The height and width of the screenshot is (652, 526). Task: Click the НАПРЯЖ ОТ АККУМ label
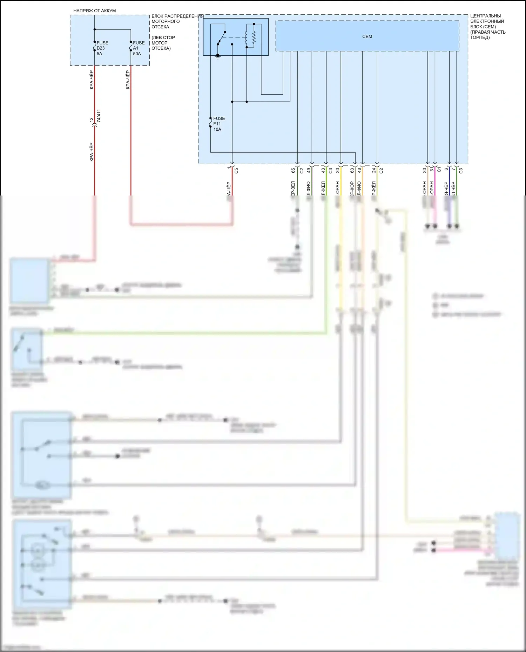pos(94,11)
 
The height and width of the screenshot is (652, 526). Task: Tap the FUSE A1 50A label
pos(139,48)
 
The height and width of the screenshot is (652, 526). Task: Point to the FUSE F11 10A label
pos(219,124)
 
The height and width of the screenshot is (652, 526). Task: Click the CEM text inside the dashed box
pos(367,36)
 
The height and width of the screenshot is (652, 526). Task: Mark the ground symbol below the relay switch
pos(218,56)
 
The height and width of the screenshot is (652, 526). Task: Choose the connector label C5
pos(236,171)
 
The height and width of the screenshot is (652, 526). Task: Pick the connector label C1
pos(439,170)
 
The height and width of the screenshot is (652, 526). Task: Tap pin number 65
pos(294,170)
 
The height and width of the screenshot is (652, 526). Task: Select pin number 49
pos(309,170)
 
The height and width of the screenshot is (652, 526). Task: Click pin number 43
pos(323,170)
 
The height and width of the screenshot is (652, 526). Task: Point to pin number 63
pos(352,170)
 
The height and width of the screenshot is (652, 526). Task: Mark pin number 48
pos(359,170)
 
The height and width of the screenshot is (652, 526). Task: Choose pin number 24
pos(374,170)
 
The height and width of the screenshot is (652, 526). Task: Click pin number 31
pos(432,170)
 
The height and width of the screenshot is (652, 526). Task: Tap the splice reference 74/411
pos(99,116)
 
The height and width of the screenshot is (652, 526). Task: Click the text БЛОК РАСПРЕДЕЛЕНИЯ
pos(177,16)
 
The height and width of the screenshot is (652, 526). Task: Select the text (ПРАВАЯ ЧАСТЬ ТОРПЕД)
pos(488,35)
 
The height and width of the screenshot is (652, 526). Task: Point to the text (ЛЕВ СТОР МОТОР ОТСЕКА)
pos(163,43)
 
